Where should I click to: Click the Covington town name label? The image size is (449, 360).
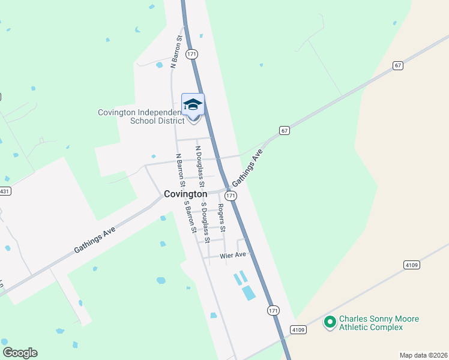click(185, 194)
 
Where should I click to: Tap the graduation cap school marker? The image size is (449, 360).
click(193, 105)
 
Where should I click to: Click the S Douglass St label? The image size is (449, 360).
click(205, 223)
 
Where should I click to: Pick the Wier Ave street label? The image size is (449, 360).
click(233, 255)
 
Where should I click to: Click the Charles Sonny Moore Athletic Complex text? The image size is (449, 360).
click(379, 323)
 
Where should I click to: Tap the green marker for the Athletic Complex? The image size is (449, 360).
click(330, 323)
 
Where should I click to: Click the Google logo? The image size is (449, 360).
click(20, 353)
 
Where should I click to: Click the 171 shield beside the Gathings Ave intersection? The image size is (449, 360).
click(231, 196)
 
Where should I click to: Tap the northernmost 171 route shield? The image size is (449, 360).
click(191, 54)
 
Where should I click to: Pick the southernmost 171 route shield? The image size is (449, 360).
click(273, 310)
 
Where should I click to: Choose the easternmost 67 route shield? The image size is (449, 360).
click(398, 65)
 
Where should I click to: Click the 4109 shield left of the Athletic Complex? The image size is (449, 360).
click(298, 329)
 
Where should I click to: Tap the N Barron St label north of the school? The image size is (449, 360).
click(176, 51)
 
